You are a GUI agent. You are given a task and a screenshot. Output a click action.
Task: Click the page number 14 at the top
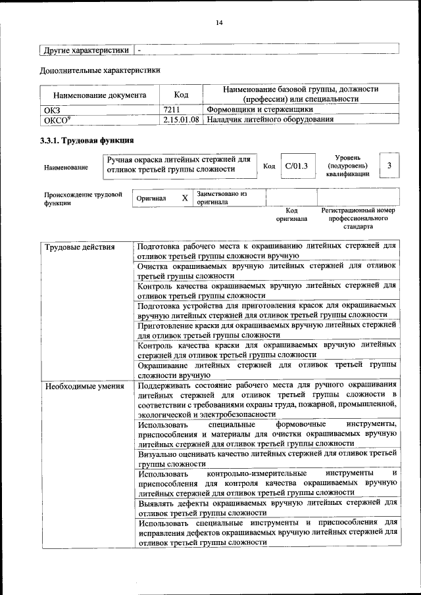[219, 23]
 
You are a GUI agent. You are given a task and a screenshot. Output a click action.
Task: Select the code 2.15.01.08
[181, 120]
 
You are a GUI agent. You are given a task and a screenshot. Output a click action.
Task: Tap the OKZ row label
[51, 110]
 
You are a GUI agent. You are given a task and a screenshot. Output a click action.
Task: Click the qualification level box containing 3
[389, 165]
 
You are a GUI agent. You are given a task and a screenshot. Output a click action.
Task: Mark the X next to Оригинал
[185, 198]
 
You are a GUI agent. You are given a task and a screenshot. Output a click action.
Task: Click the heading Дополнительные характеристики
[99, 70]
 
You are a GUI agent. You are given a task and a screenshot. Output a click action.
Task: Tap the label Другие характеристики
[86, 50]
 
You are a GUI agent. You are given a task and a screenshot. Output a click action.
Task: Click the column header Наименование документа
[99, 95]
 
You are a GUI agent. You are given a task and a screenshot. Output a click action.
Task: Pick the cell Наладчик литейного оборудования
[270, 120]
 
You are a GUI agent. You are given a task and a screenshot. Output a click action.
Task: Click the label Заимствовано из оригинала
[222, 198]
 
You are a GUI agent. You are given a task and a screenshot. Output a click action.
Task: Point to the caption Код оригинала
[291, 214]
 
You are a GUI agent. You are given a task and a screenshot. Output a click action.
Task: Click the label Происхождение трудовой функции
[83, 199]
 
